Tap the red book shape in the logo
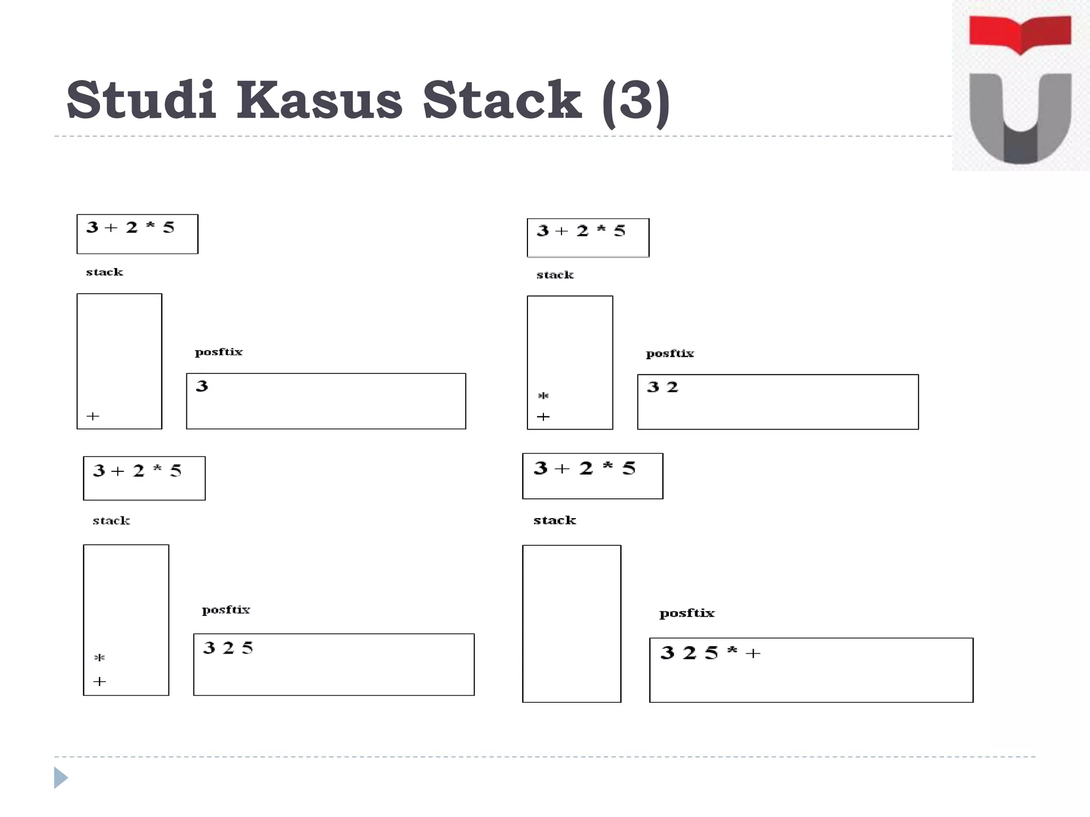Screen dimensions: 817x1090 [1020, 34]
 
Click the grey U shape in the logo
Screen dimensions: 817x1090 [1020, 120]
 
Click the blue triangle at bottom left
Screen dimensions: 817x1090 [61, 778]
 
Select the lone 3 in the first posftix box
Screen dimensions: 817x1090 [202, 386]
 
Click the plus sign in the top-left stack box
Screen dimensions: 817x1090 [93, 416]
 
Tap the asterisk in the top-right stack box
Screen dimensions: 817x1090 [543, 396]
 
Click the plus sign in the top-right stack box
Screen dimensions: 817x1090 [543, 417]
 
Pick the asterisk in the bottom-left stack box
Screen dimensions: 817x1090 [100, 658]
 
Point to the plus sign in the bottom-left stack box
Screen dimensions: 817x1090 [100, 681]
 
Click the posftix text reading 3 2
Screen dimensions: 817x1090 [662, 387]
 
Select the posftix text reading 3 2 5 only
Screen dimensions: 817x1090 [228, 648]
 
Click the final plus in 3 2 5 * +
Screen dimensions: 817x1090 [753, 653]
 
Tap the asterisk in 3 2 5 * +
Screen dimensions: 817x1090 [732, 651]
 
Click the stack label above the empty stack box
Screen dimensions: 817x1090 [555, 520]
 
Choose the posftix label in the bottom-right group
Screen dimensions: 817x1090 [687, 613]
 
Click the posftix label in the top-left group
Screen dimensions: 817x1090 [218, 352]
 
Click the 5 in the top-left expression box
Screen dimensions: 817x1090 [169, 228]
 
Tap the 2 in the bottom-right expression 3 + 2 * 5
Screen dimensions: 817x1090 [586, 469]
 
